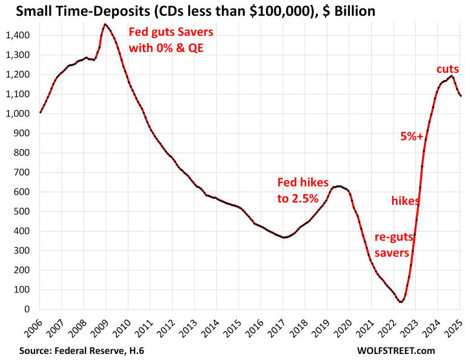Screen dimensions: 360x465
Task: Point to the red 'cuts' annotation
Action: [x=448, y=69]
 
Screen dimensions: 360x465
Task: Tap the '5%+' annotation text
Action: [x=412, y=136]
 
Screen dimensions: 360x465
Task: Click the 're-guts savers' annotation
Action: [x=383, y=244]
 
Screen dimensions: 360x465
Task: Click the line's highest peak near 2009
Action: [x=105, y=24]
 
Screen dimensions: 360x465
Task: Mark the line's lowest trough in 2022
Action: [x=401, y=301]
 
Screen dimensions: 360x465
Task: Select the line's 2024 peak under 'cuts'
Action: [x=451, y=76]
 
